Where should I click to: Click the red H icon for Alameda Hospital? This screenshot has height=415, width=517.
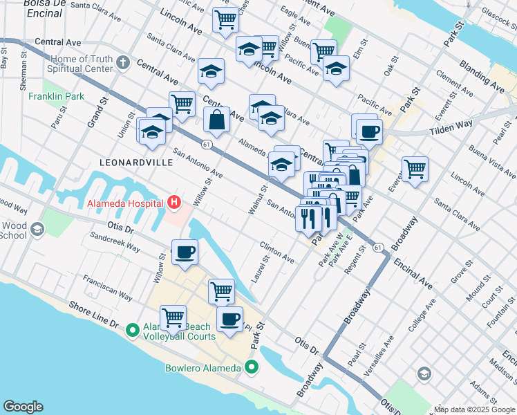point(174,203)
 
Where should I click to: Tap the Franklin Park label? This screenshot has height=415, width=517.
point(57,96)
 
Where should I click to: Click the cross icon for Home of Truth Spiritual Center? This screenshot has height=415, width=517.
point(124,64)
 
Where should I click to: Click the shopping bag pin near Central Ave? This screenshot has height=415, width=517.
point(217,120)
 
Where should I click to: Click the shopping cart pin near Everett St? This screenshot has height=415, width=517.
point(415,168)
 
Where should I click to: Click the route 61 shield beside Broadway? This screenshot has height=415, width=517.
point(377,247)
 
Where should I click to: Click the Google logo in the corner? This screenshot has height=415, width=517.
point(23,407)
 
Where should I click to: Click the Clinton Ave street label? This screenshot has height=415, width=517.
point(277,252)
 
